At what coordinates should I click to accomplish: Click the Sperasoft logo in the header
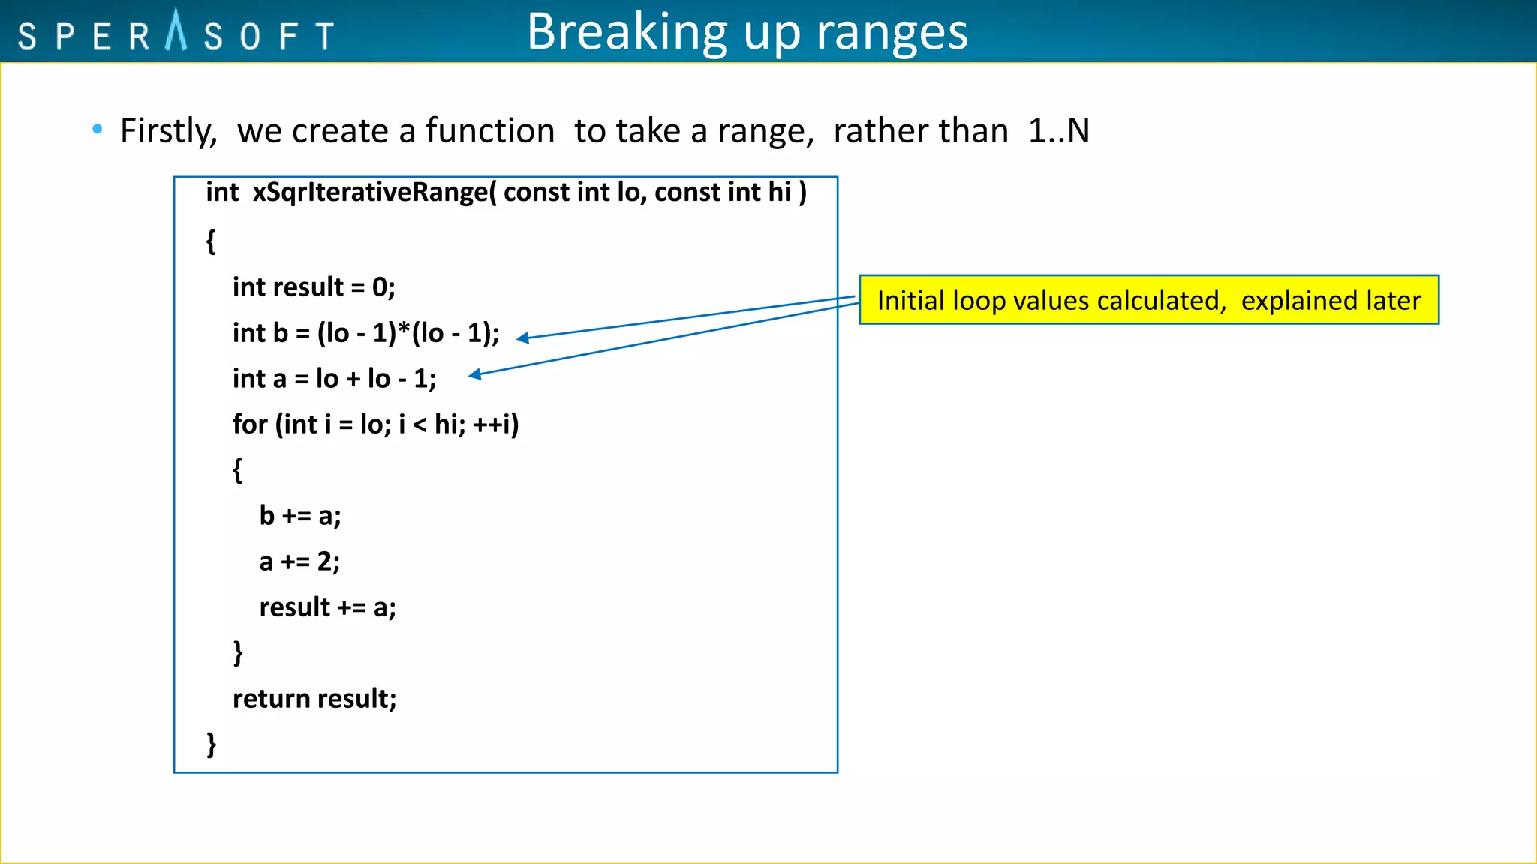[x=176, y=33]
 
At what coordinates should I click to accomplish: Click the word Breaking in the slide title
[x=627, y=32]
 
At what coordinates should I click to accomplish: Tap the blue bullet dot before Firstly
[x=97, y=130]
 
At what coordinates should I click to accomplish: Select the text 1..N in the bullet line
[x=1058, y=131]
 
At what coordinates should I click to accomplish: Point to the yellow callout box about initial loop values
[x=1148, y=300]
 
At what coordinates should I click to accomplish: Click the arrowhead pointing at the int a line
[x=475, y=374]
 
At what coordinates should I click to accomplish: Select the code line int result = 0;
[x=314, y=287]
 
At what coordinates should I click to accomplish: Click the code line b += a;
[x=300, y=516]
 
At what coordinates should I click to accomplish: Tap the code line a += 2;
[x=299, y=562]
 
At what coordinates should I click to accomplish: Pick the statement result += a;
[x=327, y=607]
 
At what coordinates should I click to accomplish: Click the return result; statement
[x=314, y=699]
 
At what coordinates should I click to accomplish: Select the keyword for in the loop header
[x=250, y=424]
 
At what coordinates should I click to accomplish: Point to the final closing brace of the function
[x=212, y=745]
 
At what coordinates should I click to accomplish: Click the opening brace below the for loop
[x=237, y=470]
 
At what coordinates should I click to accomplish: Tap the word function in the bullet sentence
[x=489, y=131]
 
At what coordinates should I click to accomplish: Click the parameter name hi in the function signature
[x=779, y=193]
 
